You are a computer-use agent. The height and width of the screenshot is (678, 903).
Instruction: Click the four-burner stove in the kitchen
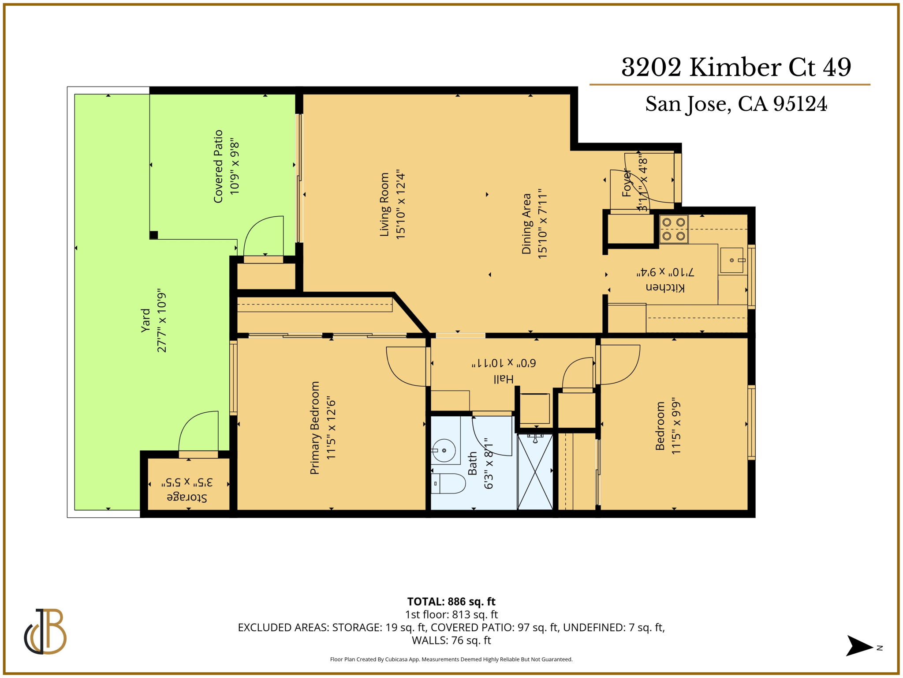point(673,229)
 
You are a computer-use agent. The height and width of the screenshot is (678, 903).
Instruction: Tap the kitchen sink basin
point(731,260)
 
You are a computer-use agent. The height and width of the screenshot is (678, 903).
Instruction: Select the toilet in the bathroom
point(449,484)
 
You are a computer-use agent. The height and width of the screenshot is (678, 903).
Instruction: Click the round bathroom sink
point(444,450)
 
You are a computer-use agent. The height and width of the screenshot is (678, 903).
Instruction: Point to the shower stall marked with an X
point(535,471)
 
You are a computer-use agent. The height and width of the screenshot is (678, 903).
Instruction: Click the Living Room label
point(384,204)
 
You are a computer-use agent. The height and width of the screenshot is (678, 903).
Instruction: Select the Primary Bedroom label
point(314,428)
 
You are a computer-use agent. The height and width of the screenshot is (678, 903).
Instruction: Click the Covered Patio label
point(218,166)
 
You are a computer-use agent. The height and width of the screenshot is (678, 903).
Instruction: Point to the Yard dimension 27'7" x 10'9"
point(162,322)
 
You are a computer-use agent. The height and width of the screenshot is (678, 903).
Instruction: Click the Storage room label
point(187,497)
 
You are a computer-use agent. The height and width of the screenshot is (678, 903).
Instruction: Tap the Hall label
point(503,379)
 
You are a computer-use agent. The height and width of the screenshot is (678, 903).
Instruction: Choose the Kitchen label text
point(665,287)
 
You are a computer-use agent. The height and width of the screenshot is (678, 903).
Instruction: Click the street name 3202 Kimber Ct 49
point(736,68)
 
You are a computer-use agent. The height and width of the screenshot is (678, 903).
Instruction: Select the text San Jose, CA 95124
point(736,104)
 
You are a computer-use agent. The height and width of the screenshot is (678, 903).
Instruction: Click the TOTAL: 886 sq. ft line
point(451,601)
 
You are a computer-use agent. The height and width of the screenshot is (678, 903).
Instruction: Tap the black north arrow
point(858,646)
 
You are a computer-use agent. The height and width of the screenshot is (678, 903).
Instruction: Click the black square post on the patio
point(153,235)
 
